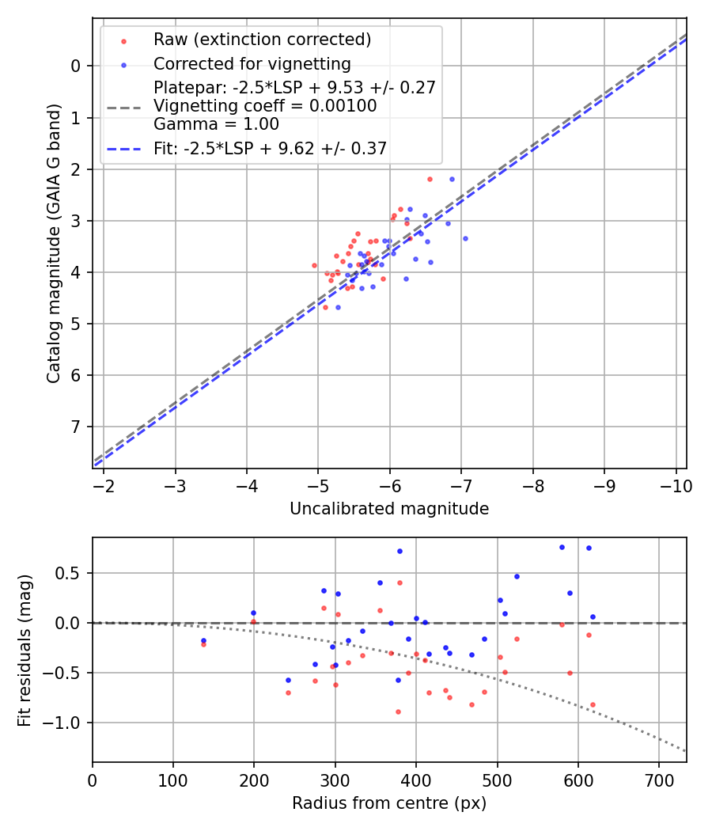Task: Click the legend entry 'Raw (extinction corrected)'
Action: coord(262,40)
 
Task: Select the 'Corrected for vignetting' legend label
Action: coord(252,63)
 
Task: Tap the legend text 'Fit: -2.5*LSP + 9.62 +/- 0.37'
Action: coord(270,148)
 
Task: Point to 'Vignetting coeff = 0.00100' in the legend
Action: coord(265,105)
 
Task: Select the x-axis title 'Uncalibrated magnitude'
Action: coord(389,509)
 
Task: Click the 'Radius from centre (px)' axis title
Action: coord(389,803)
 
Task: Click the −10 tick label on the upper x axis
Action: coord(675,484)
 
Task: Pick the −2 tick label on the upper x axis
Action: coord(104,484)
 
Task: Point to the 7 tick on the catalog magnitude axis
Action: coord(77,427)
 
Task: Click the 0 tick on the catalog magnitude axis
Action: coord(77,66)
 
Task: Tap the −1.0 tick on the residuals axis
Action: coord(68,723)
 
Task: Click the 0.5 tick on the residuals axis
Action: coord(71,572)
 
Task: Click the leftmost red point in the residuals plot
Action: coord(203,644)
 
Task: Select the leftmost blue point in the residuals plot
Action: coord(203,640)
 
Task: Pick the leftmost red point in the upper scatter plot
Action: coord(314,265)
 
